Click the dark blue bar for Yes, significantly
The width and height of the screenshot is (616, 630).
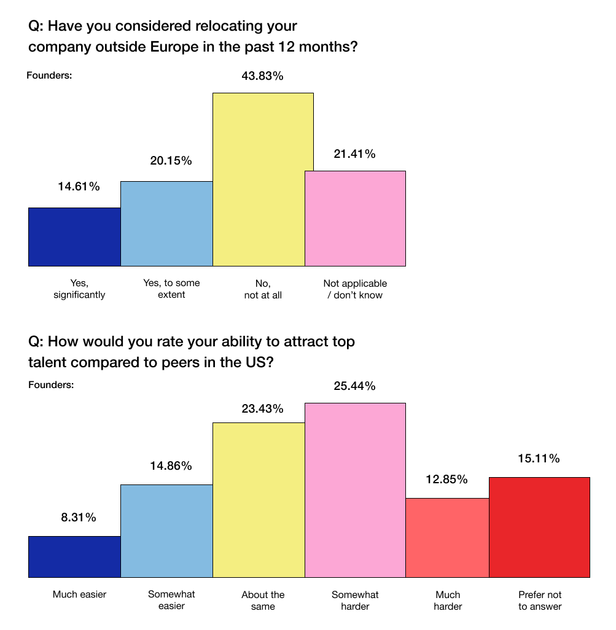(x=74, y=237)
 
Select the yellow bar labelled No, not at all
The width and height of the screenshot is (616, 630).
(x=263, y=179)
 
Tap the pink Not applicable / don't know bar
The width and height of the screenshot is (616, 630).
(x=355, y=219)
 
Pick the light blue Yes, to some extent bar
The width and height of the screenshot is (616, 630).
(x=167, y=224)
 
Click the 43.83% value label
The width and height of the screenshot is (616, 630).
(x=262, y=76)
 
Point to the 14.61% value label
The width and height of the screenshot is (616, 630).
(x=79, y=187)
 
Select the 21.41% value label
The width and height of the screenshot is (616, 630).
(x=354, y=154)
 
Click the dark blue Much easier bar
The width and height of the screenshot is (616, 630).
(x=74, y=557)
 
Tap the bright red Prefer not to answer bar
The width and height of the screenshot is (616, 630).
(x=540, y=527)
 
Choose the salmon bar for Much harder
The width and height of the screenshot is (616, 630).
(x=448, y=538)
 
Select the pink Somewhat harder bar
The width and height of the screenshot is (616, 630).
(x=355, y=490)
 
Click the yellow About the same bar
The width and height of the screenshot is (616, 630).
(x=259, y=500)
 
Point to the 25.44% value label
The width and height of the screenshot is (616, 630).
(x=354, y=386)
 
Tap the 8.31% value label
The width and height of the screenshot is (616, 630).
(x=79, y=518)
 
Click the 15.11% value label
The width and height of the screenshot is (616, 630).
(x=539, y=459)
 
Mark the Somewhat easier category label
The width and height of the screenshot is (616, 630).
(x=171, y=600)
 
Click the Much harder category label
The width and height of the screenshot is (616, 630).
(x=448, y=601)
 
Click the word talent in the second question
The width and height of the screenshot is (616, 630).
(x=49, y=362)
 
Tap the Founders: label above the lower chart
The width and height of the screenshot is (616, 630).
(x=51, y=385)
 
